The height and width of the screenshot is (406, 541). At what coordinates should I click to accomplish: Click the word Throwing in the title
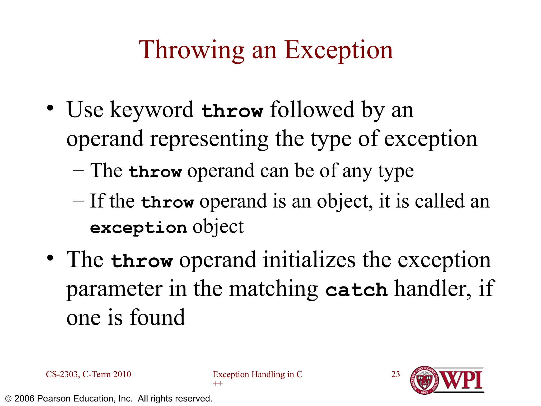click(x=192, y=50)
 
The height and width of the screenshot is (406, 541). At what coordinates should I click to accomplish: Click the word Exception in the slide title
click(x=339, y=50)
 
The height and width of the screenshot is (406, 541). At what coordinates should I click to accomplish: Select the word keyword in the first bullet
click(x=152, y=110)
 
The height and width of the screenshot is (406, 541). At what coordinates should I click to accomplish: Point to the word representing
click(x=209, y=139)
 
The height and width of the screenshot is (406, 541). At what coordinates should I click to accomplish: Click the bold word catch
click(x=356, y=290)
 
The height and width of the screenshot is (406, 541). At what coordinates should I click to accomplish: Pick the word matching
click(x=273, y=289)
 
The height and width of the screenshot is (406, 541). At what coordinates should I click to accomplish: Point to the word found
click(x=157, y=317)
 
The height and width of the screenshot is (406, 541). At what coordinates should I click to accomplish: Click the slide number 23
click(x=395, y=374)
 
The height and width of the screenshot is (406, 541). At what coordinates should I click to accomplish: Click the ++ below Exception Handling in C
click(x=218, y=383)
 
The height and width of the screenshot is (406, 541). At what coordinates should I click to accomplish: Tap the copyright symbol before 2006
click(x=8, y=399)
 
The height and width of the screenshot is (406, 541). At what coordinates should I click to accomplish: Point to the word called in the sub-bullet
click(x=439, y=201)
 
